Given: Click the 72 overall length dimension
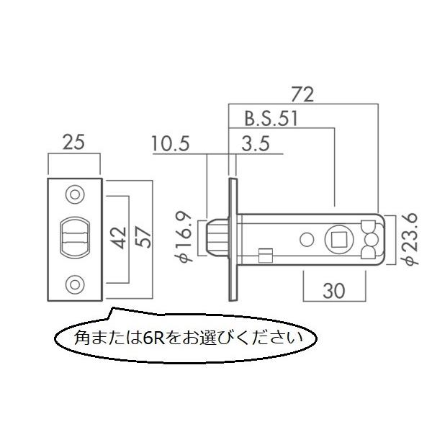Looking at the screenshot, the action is click(302, 94).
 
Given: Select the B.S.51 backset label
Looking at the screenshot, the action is click(271, 119).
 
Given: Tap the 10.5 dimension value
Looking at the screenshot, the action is click(171, 143).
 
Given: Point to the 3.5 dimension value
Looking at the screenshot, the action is click(256, 143).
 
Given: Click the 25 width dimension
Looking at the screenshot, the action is click(73, 143).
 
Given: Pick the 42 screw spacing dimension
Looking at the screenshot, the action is click(120, 238).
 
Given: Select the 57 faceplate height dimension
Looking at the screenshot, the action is click(143, 238).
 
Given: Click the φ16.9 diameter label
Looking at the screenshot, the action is click(184, 237).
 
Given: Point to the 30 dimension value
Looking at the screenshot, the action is click(333, 291).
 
